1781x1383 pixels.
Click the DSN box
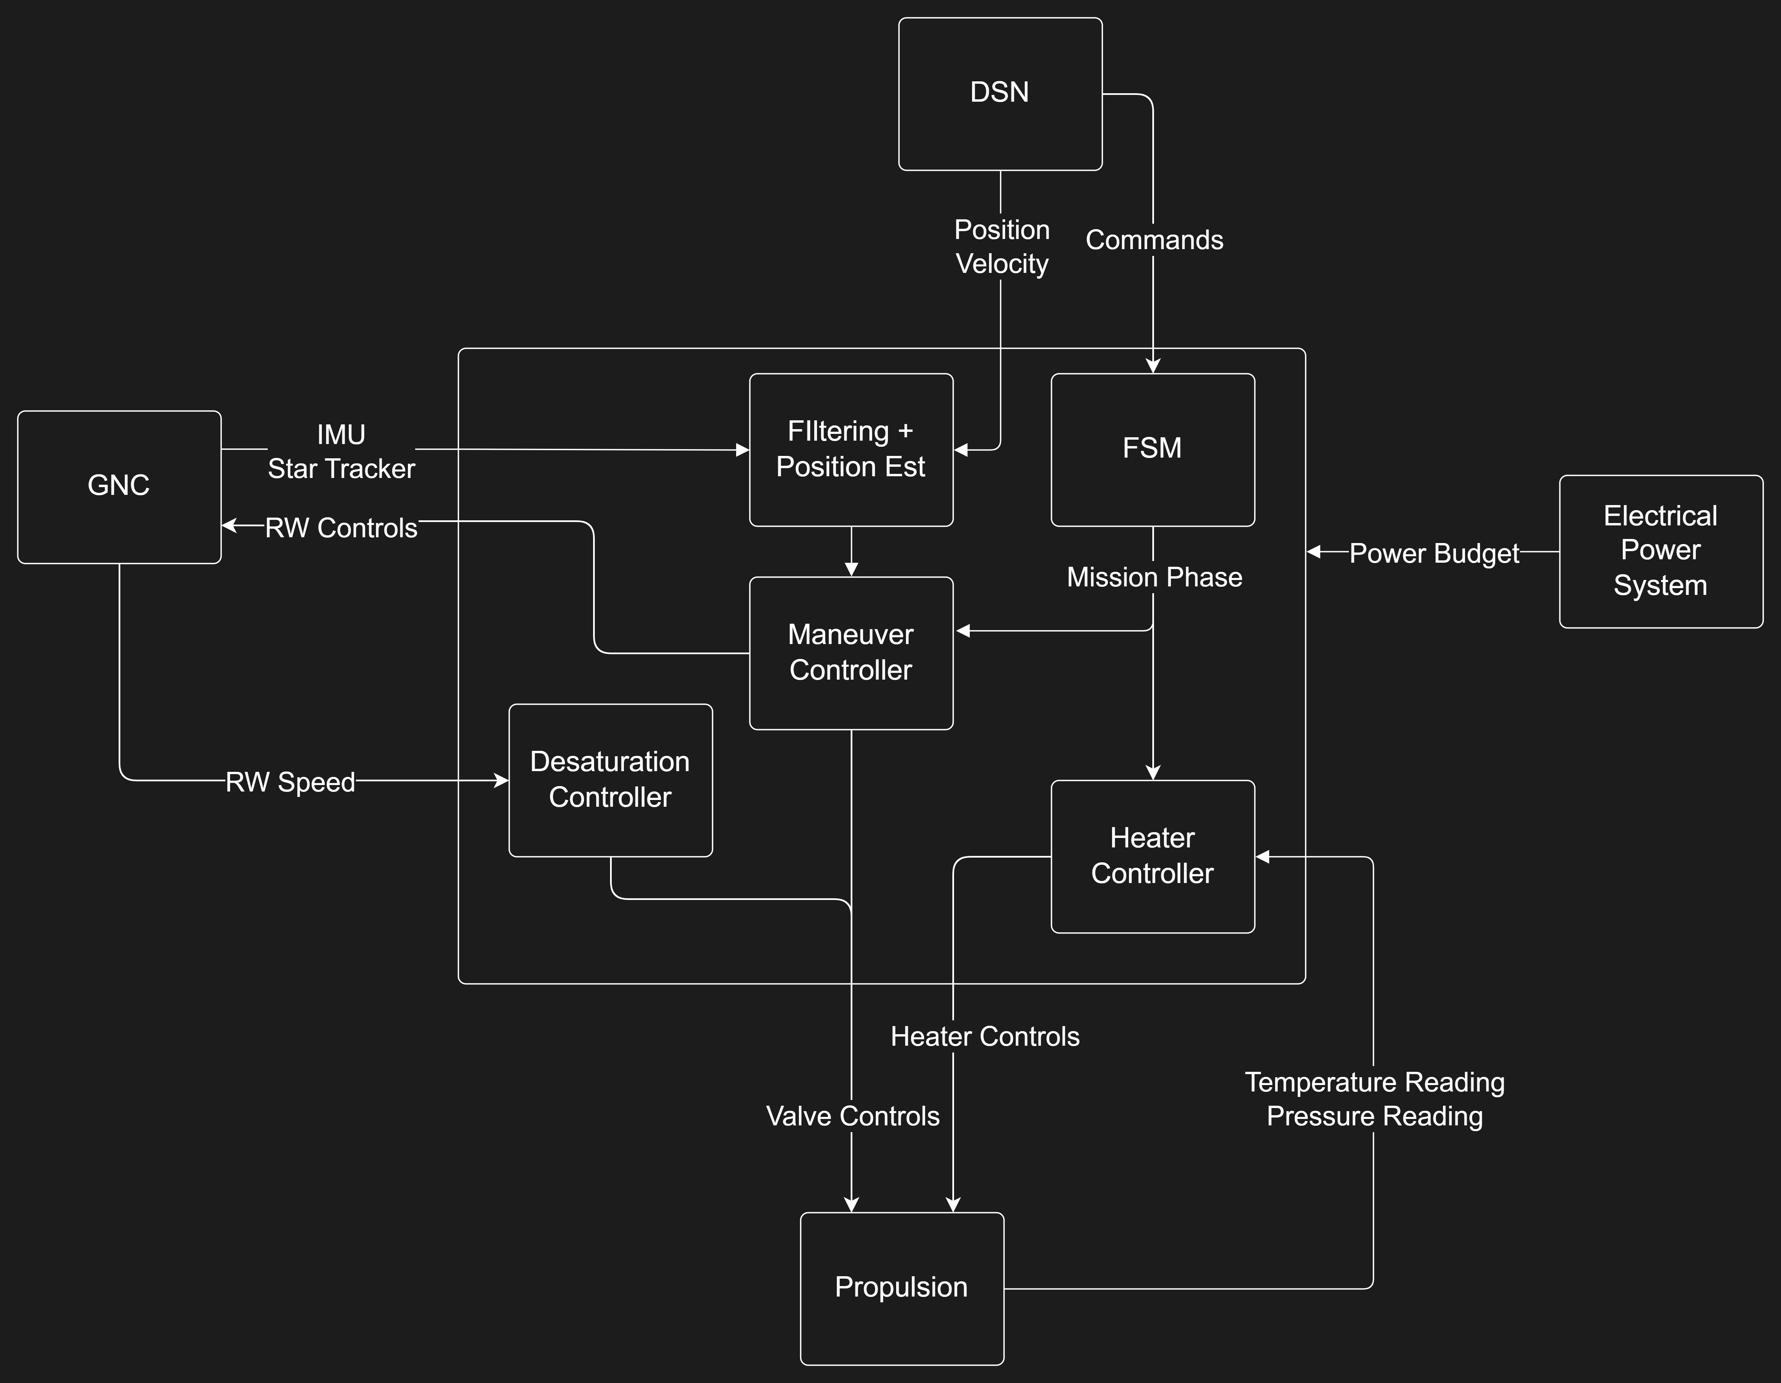(x=1000, y=94)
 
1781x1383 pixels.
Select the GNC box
(x=119, y=487)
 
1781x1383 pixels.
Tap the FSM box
(x=1152, y=449)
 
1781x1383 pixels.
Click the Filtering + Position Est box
(x=851, y=449)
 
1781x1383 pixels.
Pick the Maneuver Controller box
(x=851, y=653)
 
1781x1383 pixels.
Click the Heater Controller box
(x=1152, y=856)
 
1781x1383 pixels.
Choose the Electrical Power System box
(x=1660, y=551)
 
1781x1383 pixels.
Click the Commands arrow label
(x=1154, y=241)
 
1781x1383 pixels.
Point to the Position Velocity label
(x=1001, y=246)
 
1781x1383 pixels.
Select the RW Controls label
(x=341, y=528)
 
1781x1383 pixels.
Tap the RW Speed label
(x=290, y=782)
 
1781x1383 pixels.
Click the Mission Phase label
(x=1154, y=577)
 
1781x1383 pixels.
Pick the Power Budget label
(x=1434, y=554)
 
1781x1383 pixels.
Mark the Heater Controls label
(x=984, y=1037)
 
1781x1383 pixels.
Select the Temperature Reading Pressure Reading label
(x=1374, y=1099)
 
